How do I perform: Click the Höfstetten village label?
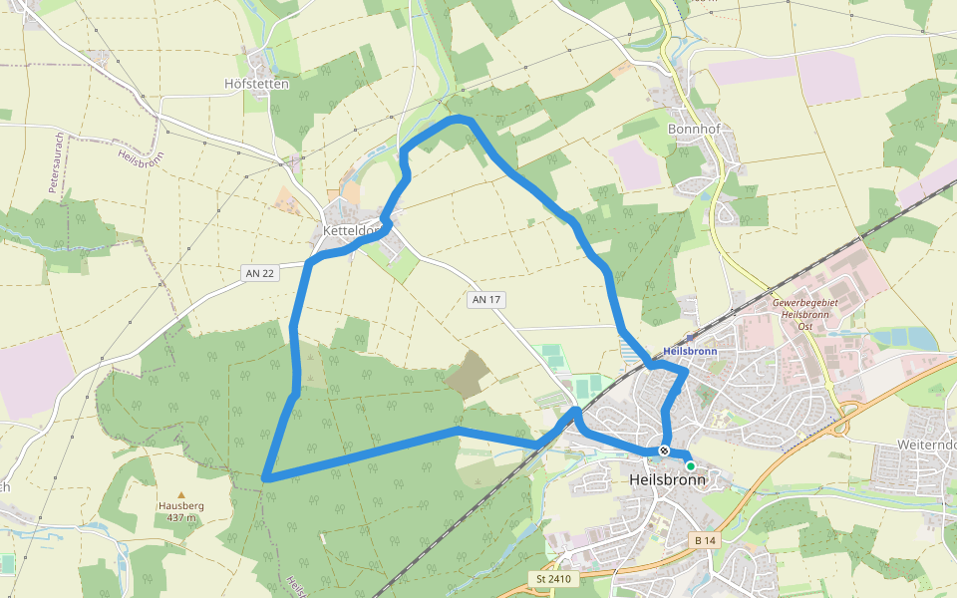257,84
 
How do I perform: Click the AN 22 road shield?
257,272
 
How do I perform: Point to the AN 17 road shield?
485,299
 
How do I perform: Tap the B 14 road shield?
704,539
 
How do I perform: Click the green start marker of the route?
690,465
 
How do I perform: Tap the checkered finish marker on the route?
664,450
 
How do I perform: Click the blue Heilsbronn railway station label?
690,352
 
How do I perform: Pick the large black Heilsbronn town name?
668,479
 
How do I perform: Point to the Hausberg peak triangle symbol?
181,494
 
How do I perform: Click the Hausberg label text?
181,505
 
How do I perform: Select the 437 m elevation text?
181,517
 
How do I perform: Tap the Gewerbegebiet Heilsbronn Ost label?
805,309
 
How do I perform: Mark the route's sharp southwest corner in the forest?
266,478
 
